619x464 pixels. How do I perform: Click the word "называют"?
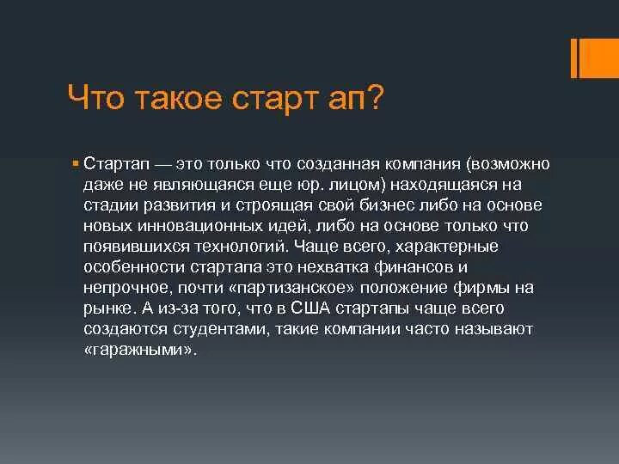tap(493, 328)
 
